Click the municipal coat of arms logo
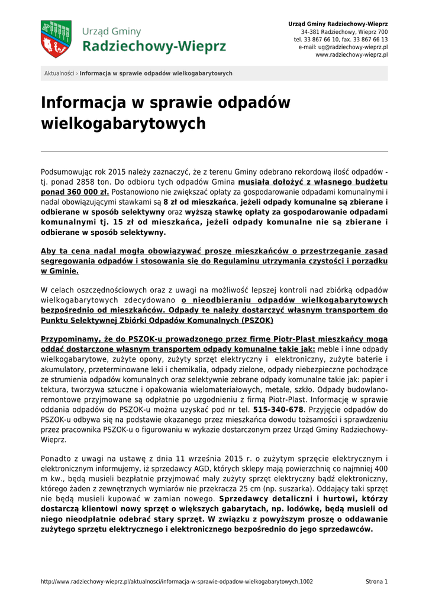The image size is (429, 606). coord(56,38)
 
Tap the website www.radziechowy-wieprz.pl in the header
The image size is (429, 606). coord(351,54)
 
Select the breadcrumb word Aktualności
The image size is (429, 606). coord(59,73)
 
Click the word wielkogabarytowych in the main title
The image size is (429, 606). coord(123,124)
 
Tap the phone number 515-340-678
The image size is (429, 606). coord(278,409)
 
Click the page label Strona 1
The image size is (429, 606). coord(376,582)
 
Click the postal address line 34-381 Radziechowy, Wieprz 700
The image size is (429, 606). coord(344,31)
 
